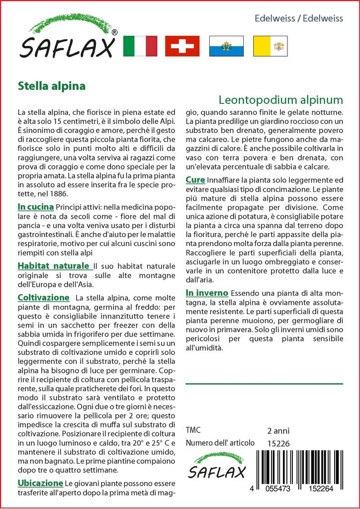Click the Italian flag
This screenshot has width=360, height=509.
[x=139, y=46]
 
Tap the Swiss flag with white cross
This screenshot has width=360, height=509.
[x=182, y=46]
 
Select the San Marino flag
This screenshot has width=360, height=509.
[x=226, y=46]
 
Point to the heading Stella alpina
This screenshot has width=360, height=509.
[x=51, y=85]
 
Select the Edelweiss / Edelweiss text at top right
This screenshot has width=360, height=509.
[x=298, y=18]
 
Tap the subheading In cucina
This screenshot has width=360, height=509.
[x=35, y=206]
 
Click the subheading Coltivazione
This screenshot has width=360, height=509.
[x=43, y=297]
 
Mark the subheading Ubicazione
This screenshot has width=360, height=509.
[x=40, y=483]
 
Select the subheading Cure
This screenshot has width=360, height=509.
[x=194, y=179]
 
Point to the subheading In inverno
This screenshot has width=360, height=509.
[x=206, y=292]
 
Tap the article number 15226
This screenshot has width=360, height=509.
[x=278, y=443]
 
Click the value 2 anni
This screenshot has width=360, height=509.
[x=278, y=430]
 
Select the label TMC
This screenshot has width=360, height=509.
[x=193, y=430]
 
